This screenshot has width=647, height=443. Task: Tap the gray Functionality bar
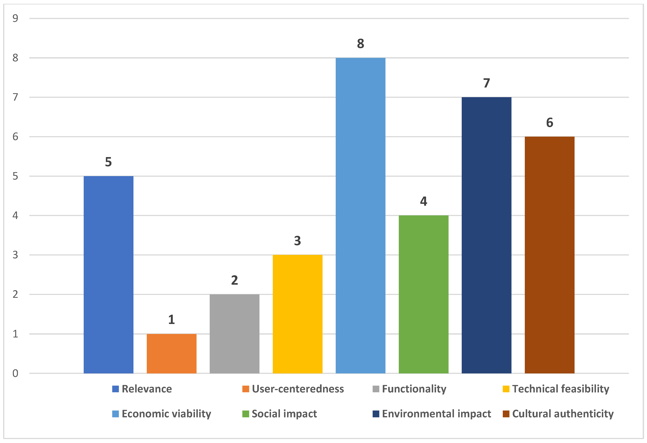[234, 334]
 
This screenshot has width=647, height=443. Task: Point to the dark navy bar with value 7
[486, 235]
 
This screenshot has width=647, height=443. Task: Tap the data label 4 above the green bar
[424, 201]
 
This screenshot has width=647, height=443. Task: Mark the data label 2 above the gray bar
[234, 280]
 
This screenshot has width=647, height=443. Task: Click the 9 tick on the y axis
[15, 18]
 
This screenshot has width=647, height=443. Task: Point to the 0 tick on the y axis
[15, 373]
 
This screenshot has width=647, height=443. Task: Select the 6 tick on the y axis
[15, 137]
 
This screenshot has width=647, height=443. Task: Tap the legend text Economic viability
[166, 414]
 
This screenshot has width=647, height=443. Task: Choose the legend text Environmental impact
[436, 414]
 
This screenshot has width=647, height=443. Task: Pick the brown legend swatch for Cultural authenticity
[506, 414]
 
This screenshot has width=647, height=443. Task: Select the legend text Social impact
[284, 414]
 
